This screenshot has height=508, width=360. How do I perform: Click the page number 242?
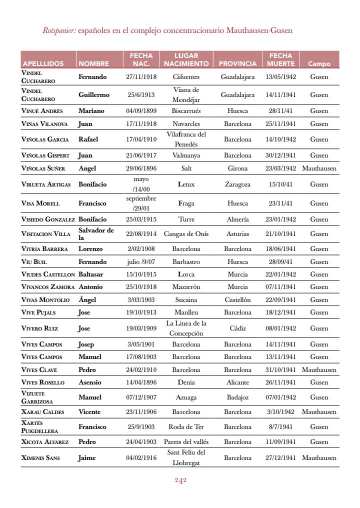(180, 480)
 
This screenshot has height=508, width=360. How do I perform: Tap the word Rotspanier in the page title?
(59, 30)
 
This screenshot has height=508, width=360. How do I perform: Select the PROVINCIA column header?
(237, 64)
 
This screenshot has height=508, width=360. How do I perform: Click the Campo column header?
(319, 64)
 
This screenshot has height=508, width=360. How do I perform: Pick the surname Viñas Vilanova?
(44, 124)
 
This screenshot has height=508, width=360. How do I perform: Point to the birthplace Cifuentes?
(186, 77)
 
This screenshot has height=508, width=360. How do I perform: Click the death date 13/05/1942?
(280, 77)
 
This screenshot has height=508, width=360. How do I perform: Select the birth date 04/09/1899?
(141, 111)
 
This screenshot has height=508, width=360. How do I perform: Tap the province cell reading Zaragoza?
(237, 184)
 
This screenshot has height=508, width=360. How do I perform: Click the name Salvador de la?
(96, 234)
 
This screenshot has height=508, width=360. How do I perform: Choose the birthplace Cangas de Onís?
(186, 234)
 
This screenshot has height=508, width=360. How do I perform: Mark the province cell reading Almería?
(237, 219)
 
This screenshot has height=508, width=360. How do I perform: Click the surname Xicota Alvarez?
(44, 442)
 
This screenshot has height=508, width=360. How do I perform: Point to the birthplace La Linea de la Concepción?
(186, 328)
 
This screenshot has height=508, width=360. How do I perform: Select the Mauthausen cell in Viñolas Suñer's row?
(319, 168)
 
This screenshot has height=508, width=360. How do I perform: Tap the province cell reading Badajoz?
(237, 397)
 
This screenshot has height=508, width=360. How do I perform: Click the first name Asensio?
(90, 382)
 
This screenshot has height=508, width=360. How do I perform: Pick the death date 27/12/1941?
(280, 458)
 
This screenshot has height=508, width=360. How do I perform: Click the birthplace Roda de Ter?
(186, 427)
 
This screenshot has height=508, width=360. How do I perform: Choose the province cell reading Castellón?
(237, 300)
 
